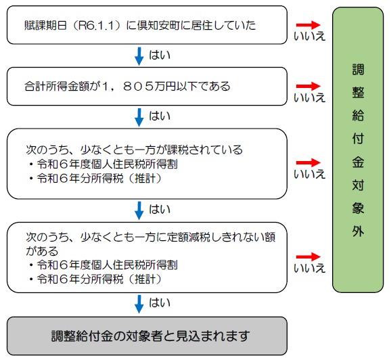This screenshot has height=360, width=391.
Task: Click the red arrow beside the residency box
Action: click(308, 24)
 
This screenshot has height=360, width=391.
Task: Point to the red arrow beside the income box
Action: click(308, 86)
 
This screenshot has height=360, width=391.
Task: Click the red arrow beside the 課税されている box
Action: click(308, 162)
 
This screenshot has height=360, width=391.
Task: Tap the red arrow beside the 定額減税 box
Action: click(308, 256)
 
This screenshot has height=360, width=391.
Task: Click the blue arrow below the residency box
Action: click(139, 56)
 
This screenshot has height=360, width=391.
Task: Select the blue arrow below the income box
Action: click(139, 117)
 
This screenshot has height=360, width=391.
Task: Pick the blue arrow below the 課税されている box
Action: click(139, 210)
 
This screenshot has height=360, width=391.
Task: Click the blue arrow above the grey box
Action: click(139, 304)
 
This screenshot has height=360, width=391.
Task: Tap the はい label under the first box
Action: click(160, 55)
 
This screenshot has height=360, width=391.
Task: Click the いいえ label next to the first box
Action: click(309, 36)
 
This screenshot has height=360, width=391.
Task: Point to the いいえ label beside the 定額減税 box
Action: click(309, 268)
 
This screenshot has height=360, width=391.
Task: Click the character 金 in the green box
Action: click(358, 162)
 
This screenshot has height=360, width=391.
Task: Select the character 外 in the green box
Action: click(358, 231)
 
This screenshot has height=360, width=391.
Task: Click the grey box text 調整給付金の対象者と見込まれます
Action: click(150, 336)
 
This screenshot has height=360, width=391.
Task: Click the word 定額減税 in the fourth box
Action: click(189, 237)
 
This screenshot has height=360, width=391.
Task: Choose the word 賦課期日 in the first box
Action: click(45, 26)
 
